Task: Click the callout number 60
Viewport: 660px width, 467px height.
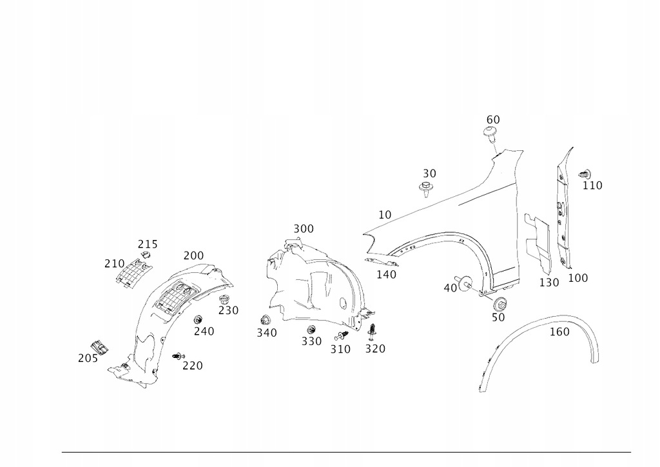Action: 493,119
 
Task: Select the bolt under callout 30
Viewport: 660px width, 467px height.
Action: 426,189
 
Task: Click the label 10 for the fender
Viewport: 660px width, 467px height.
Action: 385,214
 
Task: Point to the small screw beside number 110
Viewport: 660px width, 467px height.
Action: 585,173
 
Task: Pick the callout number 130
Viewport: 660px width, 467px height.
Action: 549,283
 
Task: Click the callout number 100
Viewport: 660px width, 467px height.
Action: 578,278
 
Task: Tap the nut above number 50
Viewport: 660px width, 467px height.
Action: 500,303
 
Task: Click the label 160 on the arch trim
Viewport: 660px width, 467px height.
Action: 559,332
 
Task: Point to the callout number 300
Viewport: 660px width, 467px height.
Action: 304,228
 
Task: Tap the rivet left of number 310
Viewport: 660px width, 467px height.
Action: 342,335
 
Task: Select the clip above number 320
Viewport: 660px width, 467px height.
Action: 373,332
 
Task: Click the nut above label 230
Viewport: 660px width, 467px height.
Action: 225,299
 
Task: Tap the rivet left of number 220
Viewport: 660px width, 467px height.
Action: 179,355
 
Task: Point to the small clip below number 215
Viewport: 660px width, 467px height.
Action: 145,257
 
